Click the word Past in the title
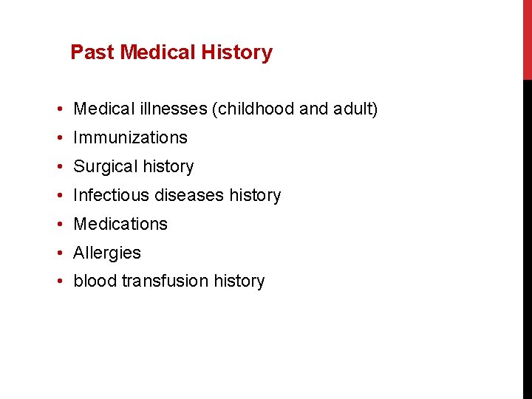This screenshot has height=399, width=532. pos(92,52)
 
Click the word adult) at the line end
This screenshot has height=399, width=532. pos(355,109)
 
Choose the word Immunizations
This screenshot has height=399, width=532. pos(130,138)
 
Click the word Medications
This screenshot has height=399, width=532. pos(120,224)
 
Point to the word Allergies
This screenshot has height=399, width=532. pos(107,253)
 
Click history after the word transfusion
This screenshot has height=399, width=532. pos(239,282)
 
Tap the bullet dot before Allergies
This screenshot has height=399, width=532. pos(58,253)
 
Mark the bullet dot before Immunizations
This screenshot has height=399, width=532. pos(58,138)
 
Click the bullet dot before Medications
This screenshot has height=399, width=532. pos(58,225)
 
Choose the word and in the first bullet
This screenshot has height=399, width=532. pos(314,109)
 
